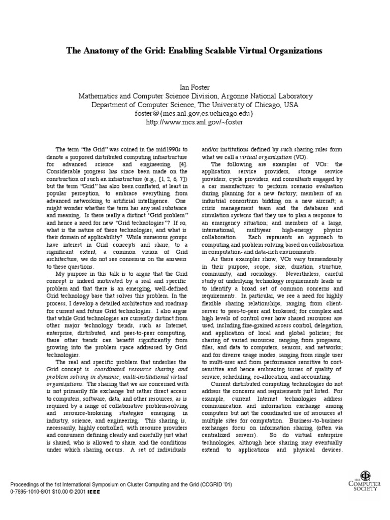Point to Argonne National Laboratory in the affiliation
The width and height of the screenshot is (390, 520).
(x=264, y=95)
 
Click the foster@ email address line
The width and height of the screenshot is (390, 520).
(x=195, y=114)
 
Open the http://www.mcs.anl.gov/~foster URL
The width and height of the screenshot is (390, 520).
(x=195, y=123)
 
